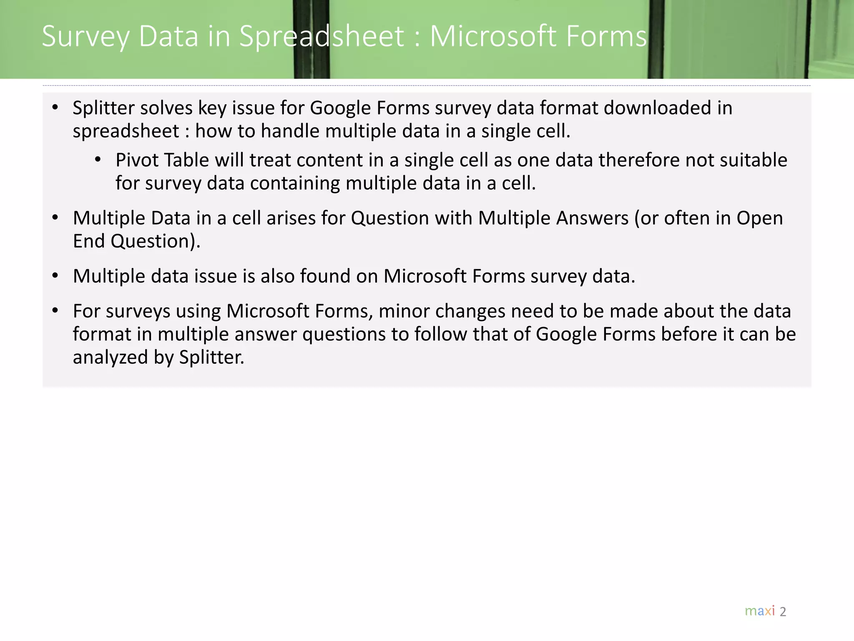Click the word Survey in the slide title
pos(86,37)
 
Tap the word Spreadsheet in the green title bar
pos(322,37)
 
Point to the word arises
pos(291,218)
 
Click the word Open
pos(759,218)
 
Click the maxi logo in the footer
pos(760,611)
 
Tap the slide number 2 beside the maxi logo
pos(783,612)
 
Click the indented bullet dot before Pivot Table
pos(98,159)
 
